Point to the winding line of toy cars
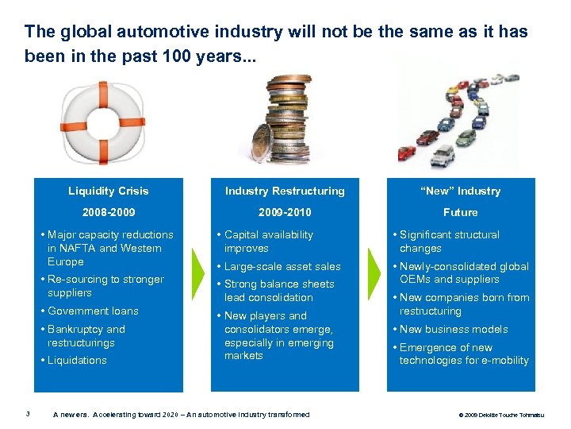click(460, 119)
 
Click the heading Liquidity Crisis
click(109, 191)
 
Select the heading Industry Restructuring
click(285, 191)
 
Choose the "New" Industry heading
click(460, 191)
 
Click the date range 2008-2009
click(109, 212)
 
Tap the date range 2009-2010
click(285, 212)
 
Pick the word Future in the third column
click(460, 212)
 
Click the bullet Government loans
click(93, 311)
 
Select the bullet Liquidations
click(77, 360)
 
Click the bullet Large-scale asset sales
click(282, 266)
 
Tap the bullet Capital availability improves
click(269, 241)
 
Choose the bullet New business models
click(454, 329)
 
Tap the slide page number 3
click(28, 412)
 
